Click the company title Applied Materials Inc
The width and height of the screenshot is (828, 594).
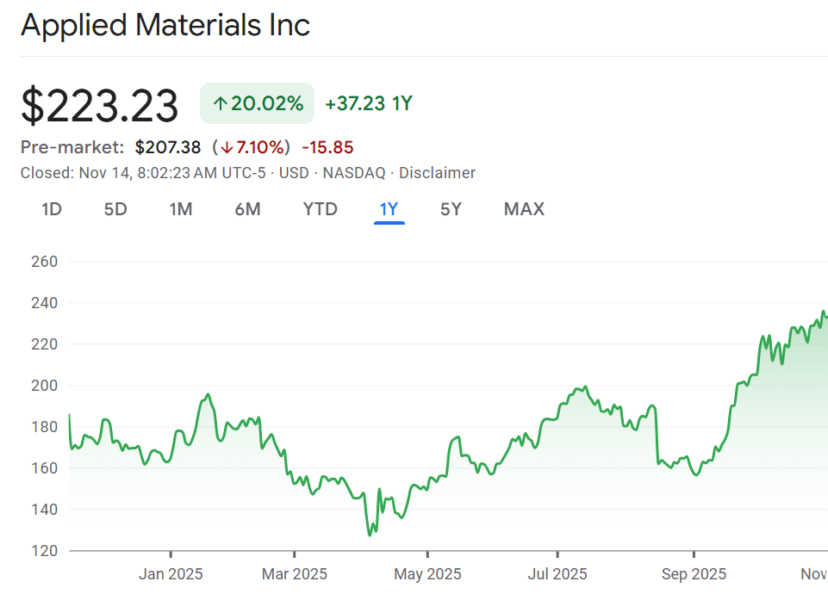click(165, 25)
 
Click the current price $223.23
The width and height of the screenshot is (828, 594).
click(99, 106)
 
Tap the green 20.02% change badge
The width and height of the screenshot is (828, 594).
click(257, 104)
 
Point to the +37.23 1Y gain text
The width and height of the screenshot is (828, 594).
click(369, 104)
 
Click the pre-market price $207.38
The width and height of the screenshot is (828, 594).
click(168, 147)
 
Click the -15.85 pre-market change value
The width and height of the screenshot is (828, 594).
click(327, 147)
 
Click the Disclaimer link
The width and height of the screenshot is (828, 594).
click(437, 173)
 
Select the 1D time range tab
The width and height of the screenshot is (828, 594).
click(52, 209)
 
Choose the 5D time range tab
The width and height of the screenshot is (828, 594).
click(115, 209)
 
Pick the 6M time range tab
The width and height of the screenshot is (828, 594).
click(247, 209)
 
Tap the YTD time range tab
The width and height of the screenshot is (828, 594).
click(321, 209)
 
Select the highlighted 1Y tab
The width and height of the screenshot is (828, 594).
click(389, 209)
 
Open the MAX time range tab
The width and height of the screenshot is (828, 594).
click(524, 209)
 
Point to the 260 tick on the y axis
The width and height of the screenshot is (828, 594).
click(43, 262)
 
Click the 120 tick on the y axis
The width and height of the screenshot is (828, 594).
click(43, 550)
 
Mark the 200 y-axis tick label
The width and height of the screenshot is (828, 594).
click(43, 386)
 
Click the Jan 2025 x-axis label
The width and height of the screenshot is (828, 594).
click(171, 574)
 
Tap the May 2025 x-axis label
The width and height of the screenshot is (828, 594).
click(427, 574)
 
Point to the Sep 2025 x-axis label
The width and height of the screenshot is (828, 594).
click(693, 574)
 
